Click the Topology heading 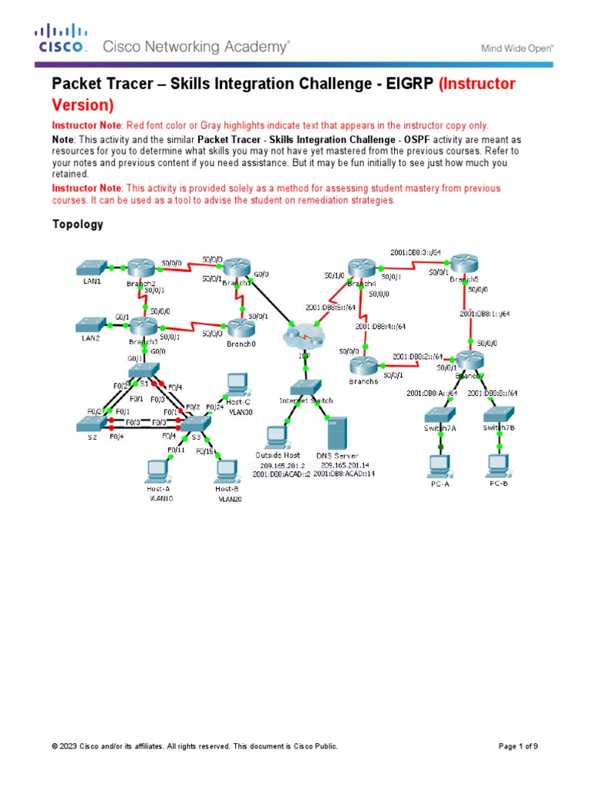point(78,225)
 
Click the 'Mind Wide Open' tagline point(517,48)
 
